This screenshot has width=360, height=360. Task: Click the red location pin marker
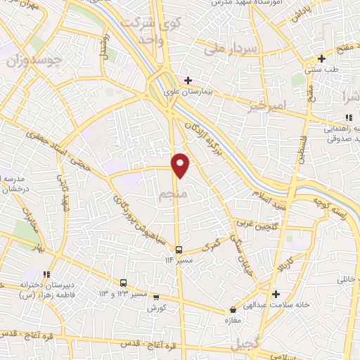pyautogui.click(x=181, y=165)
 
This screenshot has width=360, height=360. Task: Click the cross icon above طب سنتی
pyautogui.click(x=321, y=58)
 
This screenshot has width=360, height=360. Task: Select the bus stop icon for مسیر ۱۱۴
pyautogui.click(x=179, y=250)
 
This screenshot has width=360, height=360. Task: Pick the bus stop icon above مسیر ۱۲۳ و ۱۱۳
pyautogui.click(x=124, y=283)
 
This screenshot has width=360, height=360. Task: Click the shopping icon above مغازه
pyautogui.click(x=233, y=310)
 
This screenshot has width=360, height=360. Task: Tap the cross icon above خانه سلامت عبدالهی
pyautogui.click(x=276, y=294)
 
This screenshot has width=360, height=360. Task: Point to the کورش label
pyautogui.click(x=155, y=308)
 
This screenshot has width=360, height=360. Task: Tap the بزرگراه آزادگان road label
pyautogui.click(x=205, y=141)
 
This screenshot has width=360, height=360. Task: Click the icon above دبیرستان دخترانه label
pyautogui.click(x=46, y=275)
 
